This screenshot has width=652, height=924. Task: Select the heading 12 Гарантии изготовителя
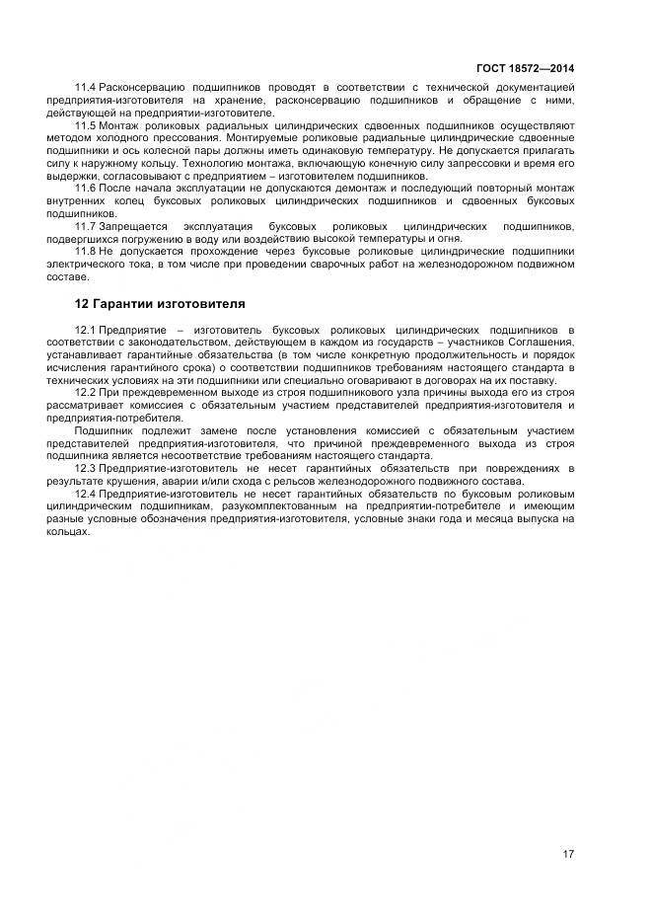[x=161, y=303]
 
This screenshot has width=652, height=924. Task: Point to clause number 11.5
[x=86, y=125]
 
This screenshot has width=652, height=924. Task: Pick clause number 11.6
[x=86, y=188]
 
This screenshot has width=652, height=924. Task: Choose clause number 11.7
[x=86, y=226]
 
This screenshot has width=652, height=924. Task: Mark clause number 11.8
[x=86, y=252]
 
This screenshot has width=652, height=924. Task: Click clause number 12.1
[x=86, y=329]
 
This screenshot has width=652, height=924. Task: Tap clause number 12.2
[x=86, y=393]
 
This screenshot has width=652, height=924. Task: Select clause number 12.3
[x=86, y=468]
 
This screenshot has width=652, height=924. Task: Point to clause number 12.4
[x=86, y=493]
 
